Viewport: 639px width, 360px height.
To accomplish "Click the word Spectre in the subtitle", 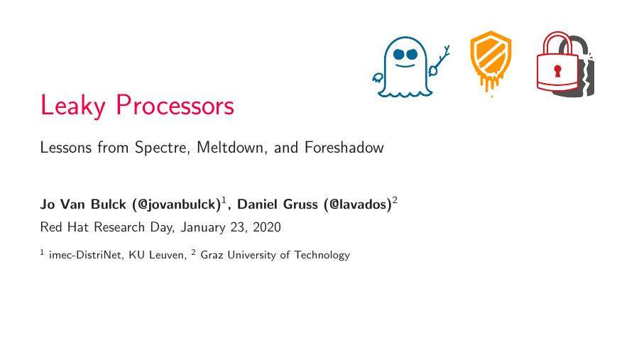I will click(x=161, y=148).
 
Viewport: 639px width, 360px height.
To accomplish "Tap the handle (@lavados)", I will click(x=357, y=204).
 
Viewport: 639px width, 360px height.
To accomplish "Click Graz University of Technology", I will click(x=275, y=255).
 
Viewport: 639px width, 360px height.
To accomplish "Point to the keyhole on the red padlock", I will click(x=557, y=70).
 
